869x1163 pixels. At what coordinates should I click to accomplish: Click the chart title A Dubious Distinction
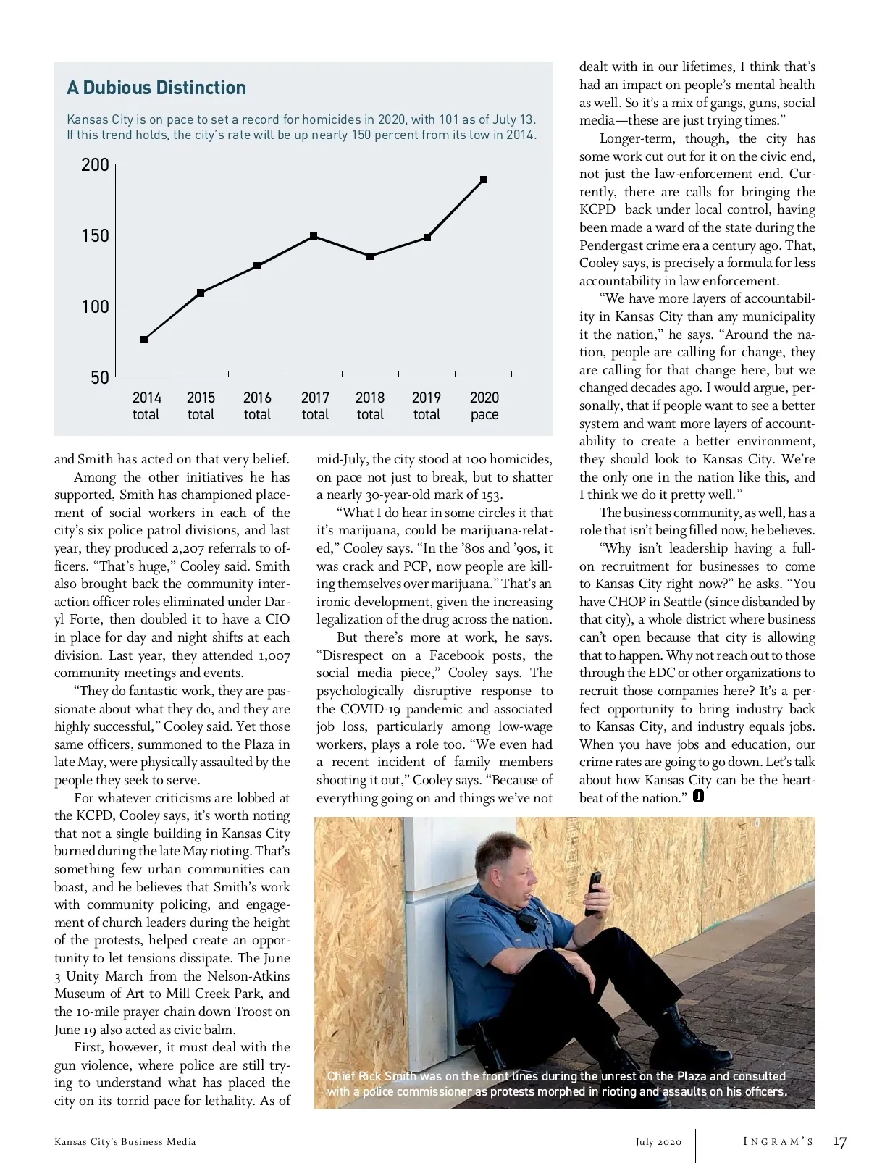tap(156, 88)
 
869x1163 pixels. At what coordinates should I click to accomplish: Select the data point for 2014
tap(144, 340)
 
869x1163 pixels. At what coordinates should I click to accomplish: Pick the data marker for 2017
tap(314, 236)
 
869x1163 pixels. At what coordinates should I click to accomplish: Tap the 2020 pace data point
tap(484, 180)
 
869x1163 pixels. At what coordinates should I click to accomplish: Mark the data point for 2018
tap(370, 256)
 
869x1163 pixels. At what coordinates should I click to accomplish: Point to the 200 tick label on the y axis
tap(95, 165)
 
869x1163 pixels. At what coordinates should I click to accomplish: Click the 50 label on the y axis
tap(100, 377)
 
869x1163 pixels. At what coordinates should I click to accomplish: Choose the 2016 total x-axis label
tap(257, 406)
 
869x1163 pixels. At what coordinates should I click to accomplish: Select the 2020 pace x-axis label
tap(484, 406)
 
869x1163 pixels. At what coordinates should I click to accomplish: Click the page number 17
tap(839, 1142)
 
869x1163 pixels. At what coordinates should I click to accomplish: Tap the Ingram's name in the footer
tap(778, 1142)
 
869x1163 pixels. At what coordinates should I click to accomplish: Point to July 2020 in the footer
tap(659, 1142)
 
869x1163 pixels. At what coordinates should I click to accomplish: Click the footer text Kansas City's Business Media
tap(125, 1142)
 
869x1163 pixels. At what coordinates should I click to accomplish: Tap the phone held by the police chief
tap(595, 891)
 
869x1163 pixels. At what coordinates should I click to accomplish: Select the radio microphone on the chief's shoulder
tap(528, 921)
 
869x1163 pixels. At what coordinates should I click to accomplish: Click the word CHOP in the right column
tap(627, 602)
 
